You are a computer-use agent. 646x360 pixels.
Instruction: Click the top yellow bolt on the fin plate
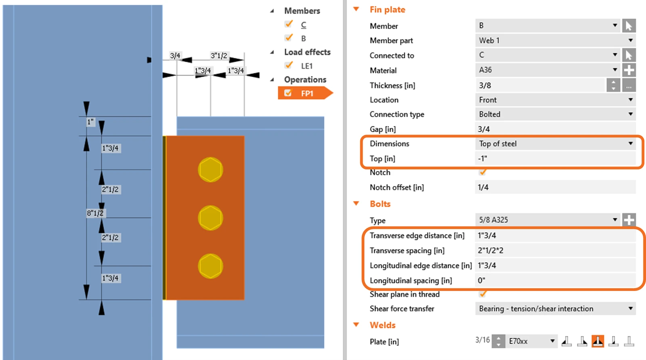point(210,170)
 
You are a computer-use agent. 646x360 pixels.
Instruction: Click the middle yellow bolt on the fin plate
point(210,218)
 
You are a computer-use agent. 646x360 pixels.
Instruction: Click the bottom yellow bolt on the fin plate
point(210,266)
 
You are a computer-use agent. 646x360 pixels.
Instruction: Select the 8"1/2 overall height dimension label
point(95,213)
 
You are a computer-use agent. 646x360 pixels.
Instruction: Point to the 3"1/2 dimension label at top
point(218,55)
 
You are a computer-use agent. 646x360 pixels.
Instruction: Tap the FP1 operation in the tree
point(307,93)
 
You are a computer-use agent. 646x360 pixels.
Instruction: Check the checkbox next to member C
point(289,24)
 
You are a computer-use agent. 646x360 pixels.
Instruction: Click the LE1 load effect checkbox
point(289,65)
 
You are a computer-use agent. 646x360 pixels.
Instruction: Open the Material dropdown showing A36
point(547,70)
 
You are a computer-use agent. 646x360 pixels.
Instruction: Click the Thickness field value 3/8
point(539,85)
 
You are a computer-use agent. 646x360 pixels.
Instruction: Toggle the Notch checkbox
point(482,173)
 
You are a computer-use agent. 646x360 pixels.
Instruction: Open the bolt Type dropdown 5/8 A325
point(547,220)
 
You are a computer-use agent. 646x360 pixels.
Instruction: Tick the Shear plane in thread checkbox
point(482,294)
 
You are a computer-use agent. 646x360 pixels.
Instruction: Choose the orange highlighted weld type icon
point(598,341)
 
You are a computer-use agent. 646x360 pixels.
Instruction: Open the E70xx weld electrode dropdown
point(531,341)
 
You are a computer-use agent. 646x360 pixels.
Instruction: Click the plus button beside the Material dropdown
point(629,70)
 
